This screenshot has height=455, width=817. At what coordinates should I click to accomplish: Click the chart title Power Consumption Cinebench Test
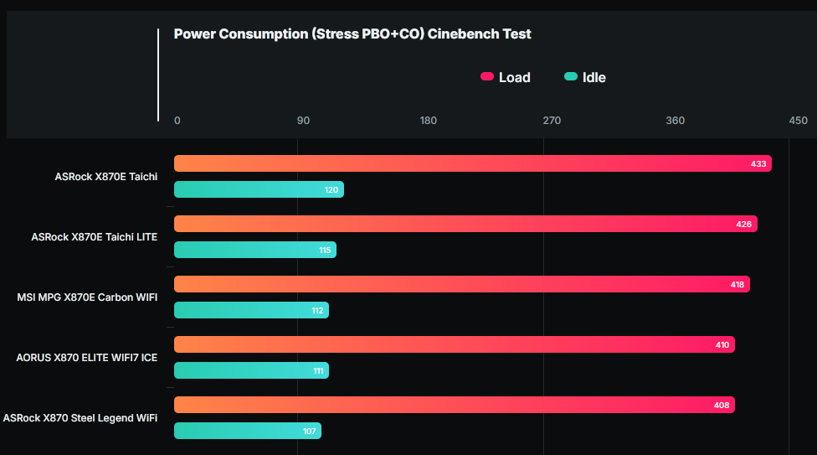pos(352,34)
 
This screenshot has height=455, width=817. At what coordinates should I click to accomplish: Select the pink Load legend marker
pos(487,77)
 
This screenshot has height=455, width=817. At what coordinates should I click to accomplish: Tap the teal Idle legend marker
pos(571,77)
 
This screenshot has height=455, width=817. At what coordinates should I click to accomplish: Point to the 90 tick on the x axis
pos(303,121)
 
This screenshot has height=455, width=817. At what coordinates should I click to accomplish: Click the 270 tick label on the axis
pos(552,121)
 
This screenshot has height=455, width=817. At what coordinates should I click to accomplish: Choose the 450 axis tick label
pos(798,121)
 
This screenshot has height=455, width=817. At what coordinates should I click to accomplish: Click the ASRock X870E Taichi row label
pos(105,177)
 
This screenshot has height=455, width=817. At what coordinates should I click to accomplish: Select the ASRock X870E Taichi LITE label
pos(94,237)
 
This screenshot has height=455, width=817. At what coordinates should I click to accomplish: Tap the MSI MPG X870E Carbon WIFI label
pos(87,297)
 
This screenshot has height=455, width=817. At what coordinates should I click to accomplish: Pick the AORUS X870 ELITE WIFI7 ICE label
pos(86,358)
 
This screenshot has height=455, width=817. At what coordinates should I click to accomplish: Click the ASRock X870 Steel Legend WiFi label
pos(80,418)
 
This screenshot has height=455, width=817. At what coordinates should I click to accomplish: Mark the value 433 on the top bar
pos(758,164)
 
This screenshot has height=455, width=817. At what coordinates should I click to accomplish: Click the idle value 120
pos(331,190)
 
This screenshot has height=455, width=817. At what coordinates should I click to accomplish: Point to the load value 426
pos(744,225)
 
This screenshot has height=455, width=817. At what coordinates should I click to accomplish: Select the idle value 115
pos(325,251)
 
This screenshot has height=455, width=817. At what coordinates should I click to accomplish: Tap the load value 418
pos(737,285)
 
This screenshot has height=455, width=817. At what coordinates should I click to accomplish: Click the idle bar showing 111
pos(251,370)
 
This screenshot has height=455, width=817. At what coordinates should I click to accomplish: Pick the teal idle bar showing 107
pos(247,431)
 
